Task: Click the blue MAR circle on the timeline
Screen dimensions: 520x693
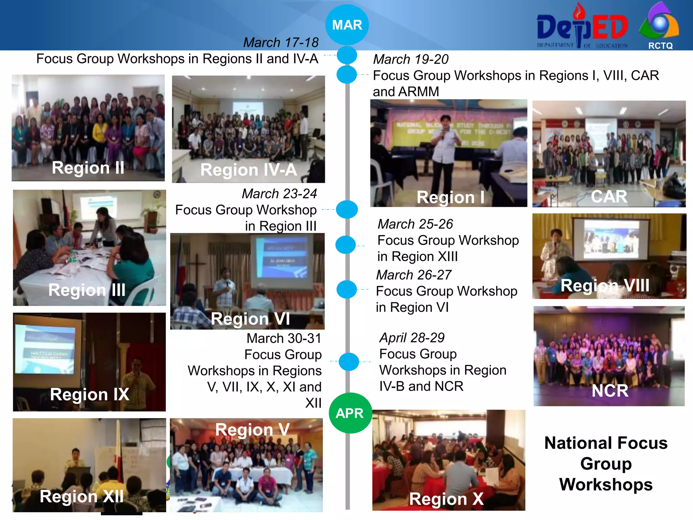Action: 347,25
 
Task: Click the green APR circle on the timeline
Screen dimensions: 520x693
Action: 350,413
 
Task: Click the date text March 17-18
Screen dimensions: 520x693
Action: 281,43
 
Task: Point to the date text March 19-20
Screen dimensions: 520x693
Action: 411,60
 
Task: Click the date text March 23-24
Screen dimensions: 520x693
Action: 279,194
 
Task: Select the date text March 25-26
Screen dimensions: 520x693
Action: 415,224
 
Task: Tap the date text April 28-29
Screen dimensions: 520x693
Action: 412,338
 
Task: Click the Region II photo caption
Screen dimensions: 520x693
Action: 88,168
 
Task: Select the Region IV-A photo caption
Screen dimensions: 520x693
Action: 248,170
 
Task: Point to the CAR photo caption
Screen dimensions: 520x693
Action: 609,197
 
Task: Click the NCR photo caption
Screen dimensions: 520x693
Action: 610,391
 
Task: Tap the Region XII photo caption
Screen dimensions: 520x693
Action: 82,497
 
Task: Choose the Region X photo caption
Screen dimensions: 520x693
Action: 446,499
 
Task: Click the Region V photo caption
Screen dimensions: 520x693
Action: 252,430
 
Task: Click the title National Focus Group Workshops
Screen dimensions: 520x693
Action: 606,464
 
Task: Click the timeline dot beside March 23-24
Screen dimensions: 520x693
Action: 347,210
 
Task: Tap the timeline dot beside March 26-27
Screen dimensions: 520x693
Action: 346,289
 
